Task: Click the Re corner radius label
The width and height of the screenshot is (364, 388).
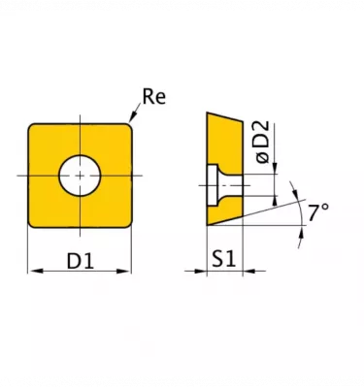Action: (x=154, y=96)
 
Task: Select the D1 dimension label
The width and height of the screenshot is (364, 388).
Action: (x=81, y=261)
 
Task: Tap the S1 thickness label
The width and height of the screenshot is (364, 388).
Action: (x=224, y=259)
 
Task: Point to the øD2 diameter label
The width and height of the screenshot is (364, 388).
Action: (x=262, y=142)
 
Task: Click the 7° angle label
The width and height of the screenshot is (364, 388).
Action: (x=317, y=212)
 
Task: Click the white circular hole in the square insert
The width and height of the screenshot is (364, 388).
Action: (x=80, y=176)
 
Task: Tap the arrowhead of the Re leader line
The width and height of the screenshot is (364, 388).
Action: (x=132, y=117)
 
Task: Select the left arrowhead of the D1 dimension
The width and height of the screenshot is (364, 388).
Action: (x=35, y=271)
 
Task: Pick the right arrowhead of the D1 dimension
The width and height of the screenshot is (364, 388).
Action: (x=124, y=271)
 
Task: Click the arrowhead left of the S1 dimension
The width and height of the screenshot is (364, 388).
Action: (x=200, y=271)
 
